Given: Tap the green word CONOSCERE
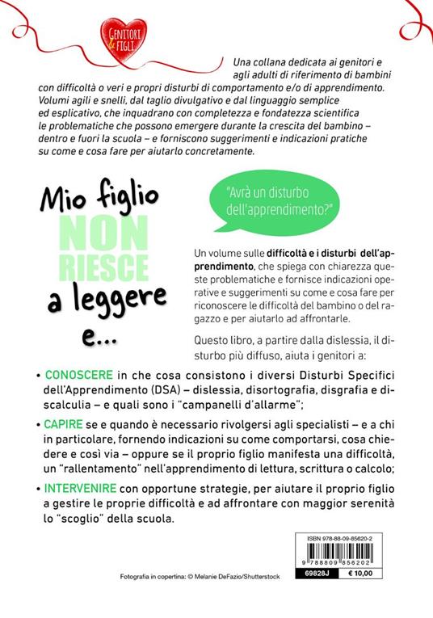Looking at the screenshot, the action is [x=74, y=376].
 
